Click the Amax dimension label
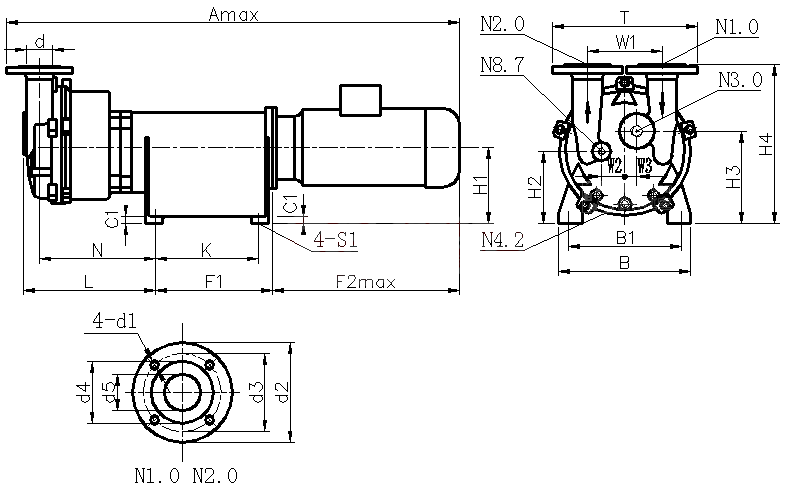(234, 14)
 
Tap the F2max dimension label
(365, 282)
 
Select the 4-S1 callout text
(335, 240)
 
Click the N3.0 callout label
(741, 77)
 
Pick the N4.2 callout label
(501, 240)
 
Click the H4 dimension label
(766, 144)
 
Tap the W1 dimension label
(626, 42)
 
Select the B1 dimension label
(626, 238)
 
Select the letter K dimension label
(205, 248)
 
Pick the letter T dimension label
(626, 17)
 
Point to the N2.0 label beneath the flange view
(216, 474)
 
